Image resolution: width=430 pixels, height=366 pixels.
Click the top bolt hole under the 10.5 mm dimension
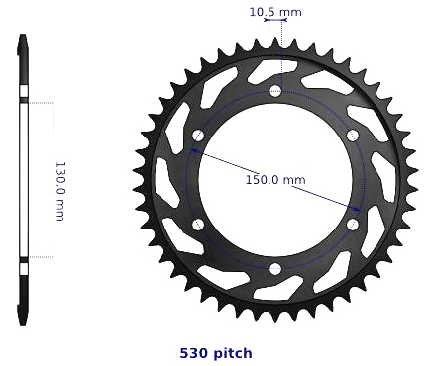pos(275,91)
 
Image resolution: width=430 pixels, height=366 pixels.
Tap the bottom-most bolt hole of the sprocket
pos(275,269)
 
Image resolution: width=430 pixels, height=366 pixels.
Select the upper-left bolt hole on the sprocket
pos(198,136)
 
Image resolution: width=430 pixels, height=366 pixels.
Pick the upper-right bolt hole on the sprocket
pos(353,136)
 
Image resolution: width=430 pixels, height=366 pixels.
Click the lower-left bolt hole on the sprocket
pos(198,225)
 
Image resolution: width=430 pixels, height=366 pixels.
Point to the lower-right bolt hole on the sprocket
pos(353,225)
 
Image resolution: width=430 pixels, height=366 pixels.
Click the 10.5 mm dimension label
pos(275,13)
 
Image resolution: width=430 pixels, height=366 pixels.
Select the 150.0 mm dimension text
pos(275,180)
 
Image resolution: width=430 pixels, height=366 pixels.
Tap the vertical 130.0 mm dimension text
pos(59,191)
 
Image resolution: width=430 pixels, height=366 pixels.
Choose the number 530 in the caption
pos(193,353)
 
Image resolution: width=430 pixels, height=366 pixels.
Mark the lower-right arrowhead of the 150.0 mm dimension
pos(356,208)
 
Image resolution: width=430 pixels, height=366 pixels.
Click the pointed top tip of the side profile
pos(22,37)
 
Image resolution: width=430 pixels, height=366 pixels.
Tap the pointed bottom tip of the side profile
pos(22,323)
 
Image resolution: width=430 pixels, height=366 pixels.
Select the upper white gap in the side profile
pos(22,99)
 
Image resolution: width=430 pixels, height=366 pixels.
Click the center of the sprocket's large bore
pos(275,180)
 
